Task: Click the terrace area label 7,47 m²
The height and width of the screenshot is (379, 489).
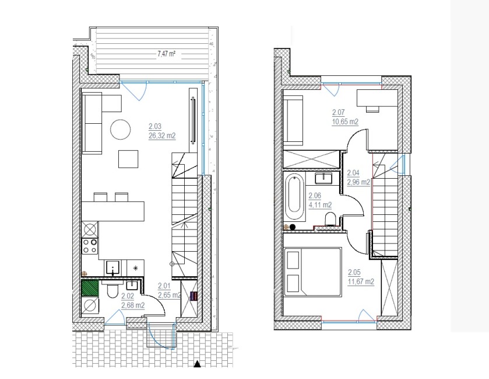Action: tap(166, 54)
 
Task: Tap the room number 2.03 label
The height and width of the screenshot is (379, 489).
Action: tap(155, 127)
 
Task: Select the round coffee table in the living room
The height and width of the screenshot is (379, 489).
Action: tap(121, 130)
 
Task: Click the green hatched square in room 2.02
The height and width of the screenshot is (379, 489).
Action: tap(90, 288)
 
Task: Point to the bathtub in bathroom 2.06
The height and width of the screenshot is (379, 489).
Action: tap(294, 198)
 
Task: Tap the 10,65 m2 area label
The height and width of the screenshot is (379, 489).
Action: tap(345, 122)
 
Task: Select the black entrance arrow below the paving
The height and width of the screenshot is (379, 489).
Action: tap(197, 364)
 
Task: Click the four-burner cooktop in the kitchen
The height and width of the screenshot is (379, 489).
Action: tap(90, 246)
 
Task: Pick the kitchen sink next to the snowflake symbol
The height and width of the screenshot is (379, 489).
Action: tap(112, 268)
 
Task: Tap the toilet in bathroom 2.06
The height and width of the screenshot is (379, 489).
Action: tap(330, 218)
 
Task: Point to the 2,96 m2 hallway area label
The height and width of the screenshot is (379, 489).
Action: tap(358, 182)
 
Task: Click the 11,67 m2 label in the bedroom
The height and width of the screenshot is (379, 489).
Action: tap(361, 282)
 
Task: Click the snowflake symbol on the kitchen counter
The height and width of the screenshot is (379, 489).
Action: tap(135, 268)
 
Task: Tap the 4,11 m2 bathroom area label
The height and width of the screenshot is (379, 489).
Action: tap(320, 206)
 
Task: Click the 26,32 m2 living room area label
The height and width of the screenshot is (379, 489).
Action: tap(162, 136)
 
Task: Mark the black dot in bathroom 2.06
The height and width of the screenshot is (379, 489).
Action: tap(293, 227)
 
